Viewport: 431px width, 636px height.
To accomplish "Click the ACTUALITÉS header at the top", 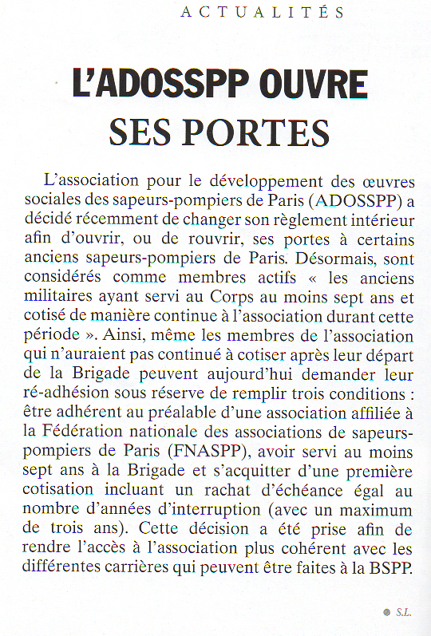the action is tap(263, 12).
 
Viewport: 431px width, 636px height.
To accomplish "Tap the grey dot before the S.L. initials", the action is tap(386, 613).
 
